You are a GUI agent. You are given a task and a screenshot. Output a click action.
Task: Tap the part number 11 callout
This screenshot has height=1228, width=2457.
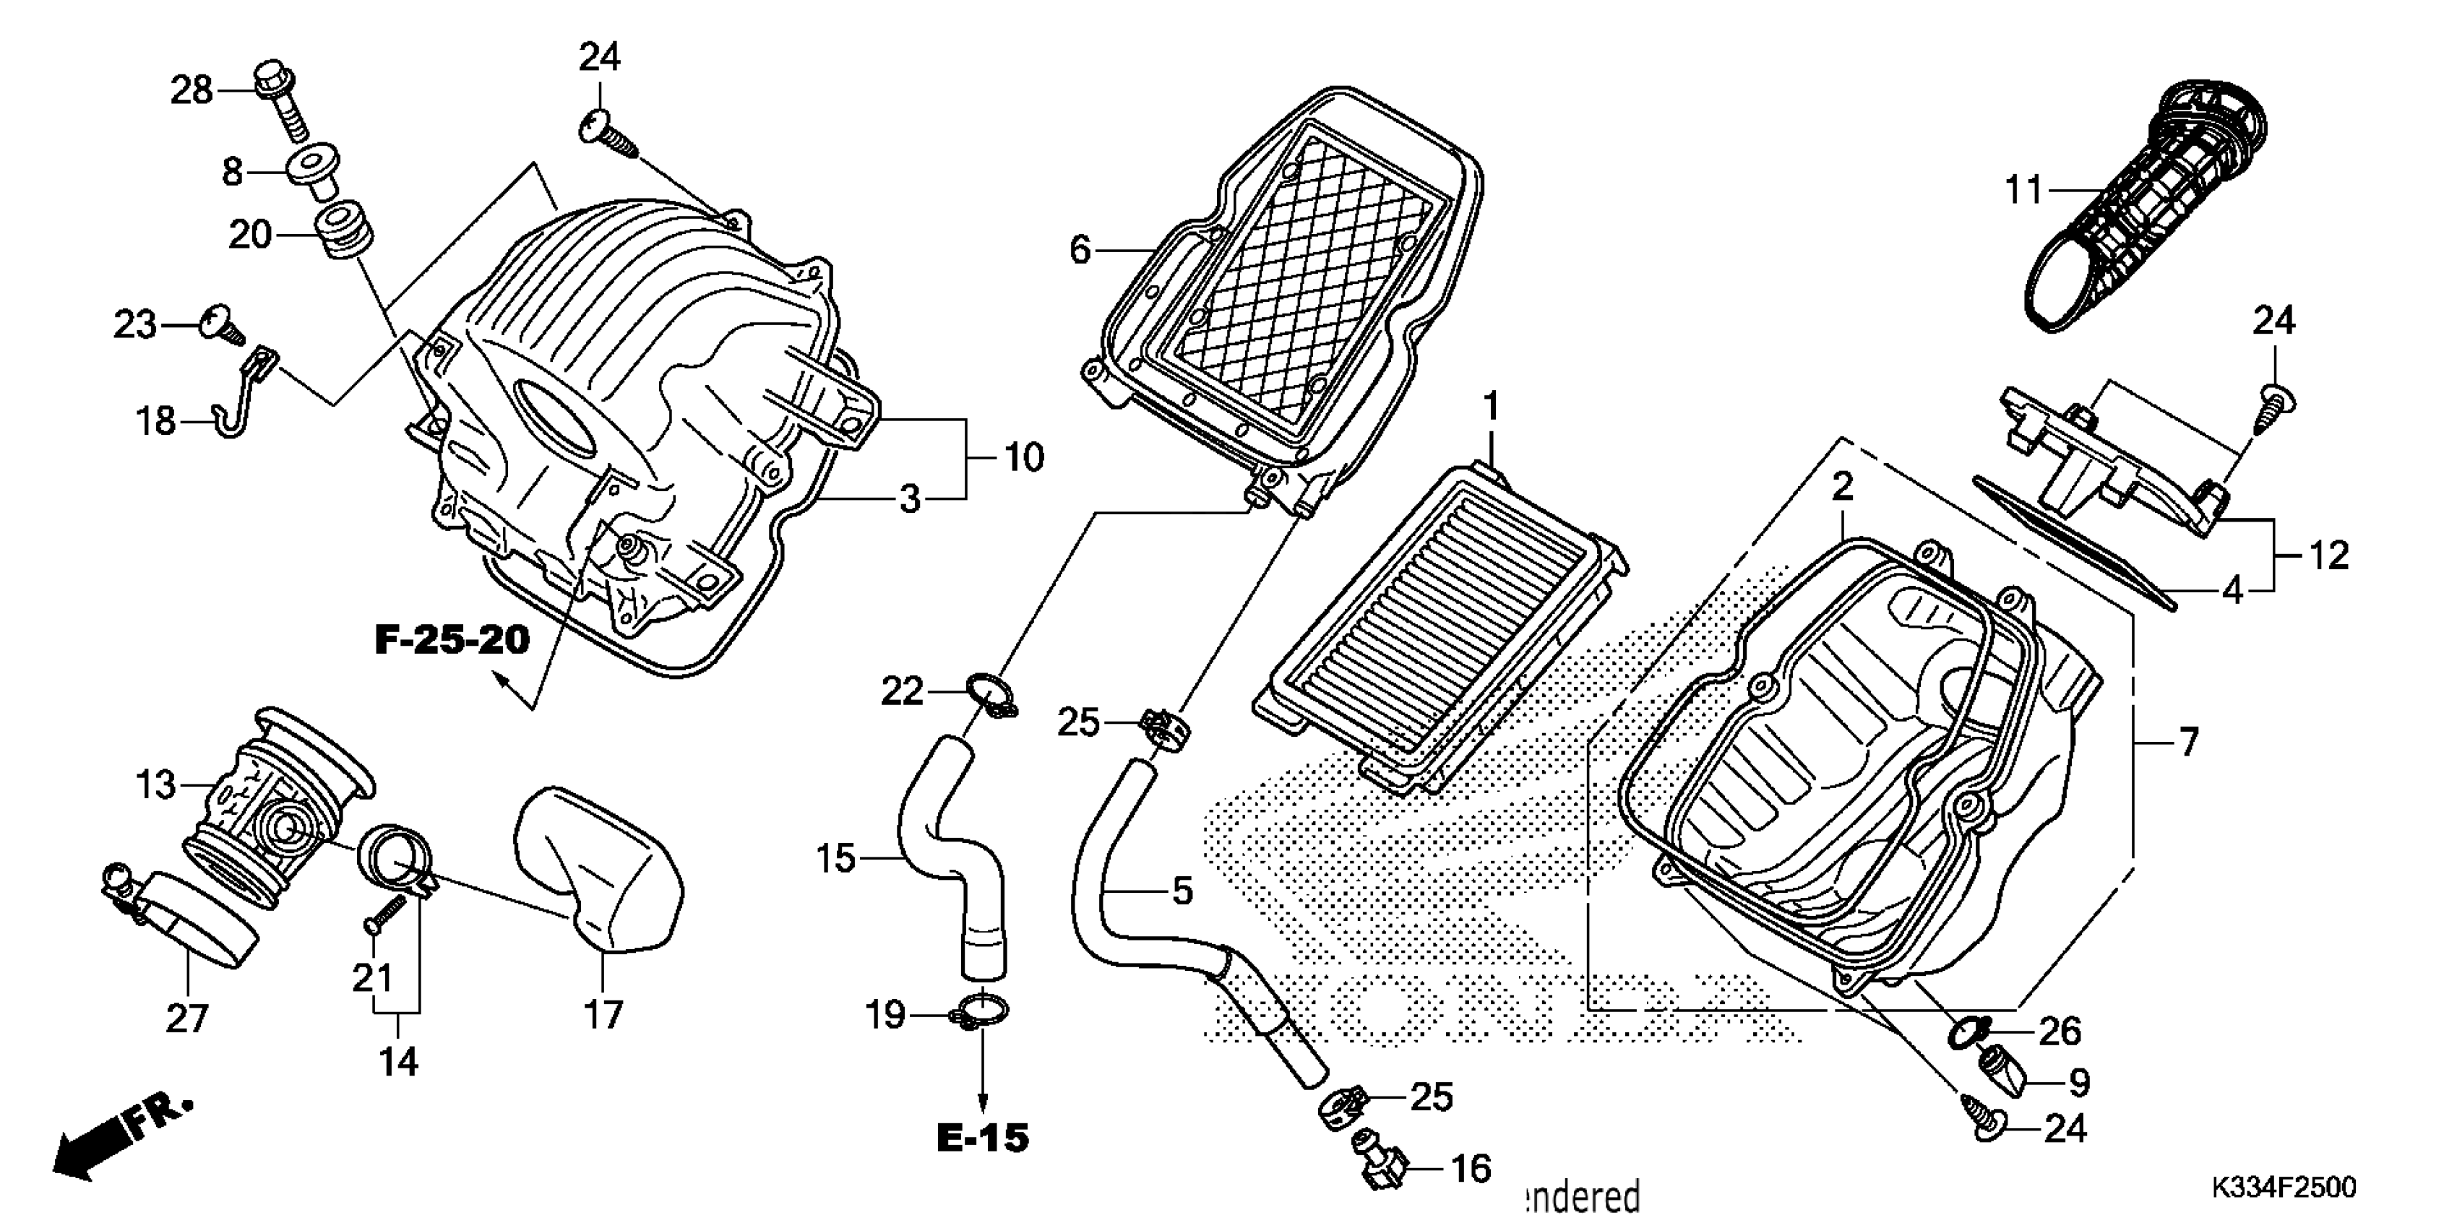(2022, 191)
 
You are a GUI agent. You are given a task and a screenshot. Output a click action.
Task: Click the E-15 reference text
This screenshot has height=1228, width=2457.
(982, 1138)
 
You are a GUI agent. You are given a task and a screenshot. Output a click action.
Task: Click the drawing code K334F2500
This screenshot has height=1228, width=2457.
(2281, 1187)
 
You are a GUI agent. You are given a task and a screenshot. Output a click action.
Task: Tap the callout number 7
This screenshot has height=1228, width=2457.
(2188, 741)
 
